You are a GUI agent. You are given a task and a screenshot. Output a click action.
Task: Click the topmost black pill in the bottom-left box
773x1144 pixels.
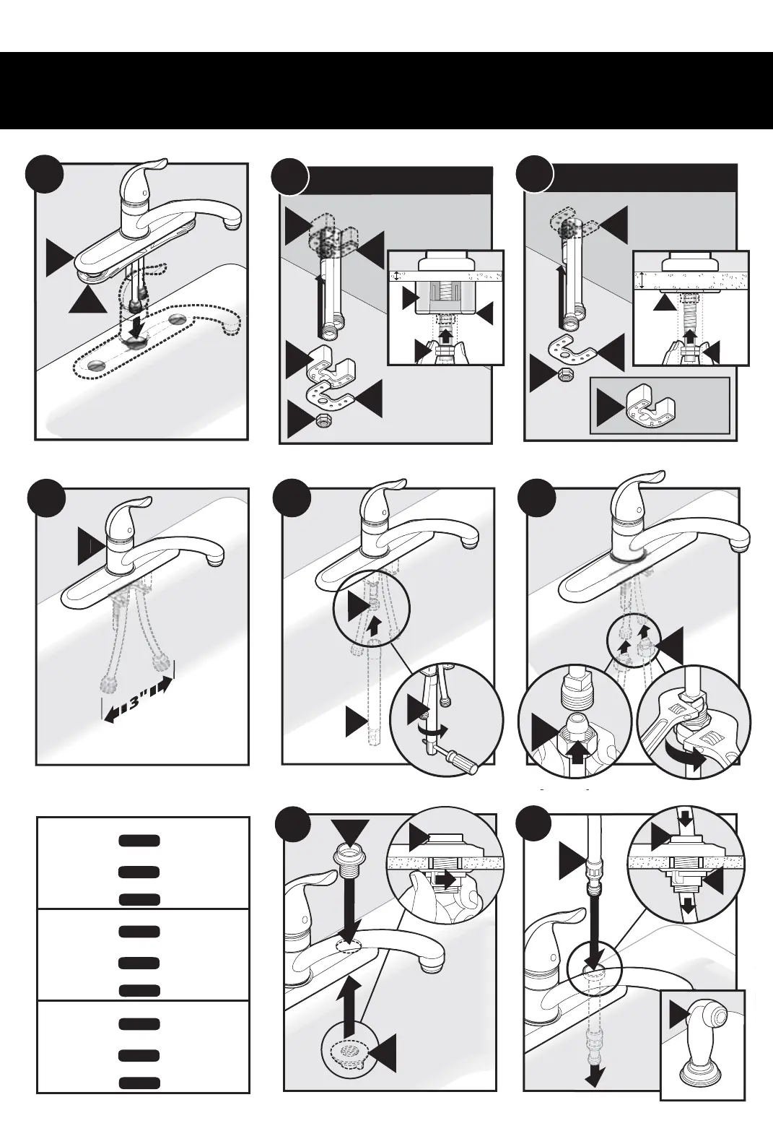coord(139,841)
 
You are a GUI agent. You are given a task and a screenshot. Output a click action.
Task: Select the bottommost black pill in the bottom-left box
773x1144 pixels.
coord(139,1083)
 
